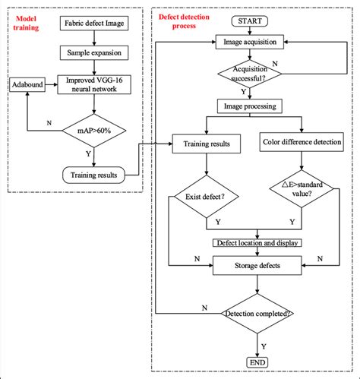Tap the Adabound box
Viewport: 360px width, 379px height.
tap(27, 82)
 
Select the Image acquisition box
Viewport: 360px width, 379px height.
tap(251, 42)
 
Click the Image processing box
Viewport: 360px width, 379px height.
tap(251, 106)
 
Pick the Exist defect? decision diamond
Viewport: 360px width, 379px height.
tap(206, 199)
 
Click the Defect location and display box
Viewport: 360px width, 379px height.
tap(256, 243)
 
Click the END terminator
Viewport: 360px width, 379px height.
tap(256, 364)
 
